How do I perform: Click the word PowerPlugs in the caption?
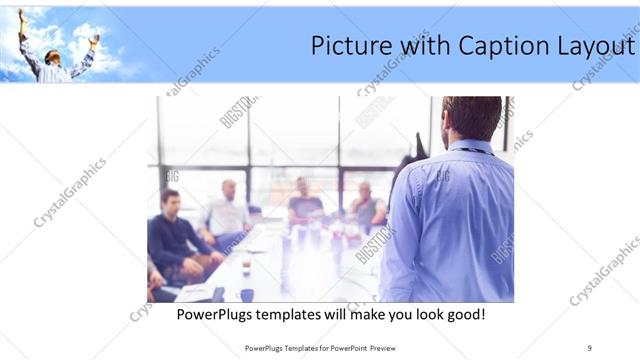click(214, 315)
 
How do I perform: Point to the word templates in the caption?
click(294, 315)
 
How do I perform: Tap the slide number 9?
click(589, 347)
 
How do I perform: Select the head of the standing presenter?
click(471, 118)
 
